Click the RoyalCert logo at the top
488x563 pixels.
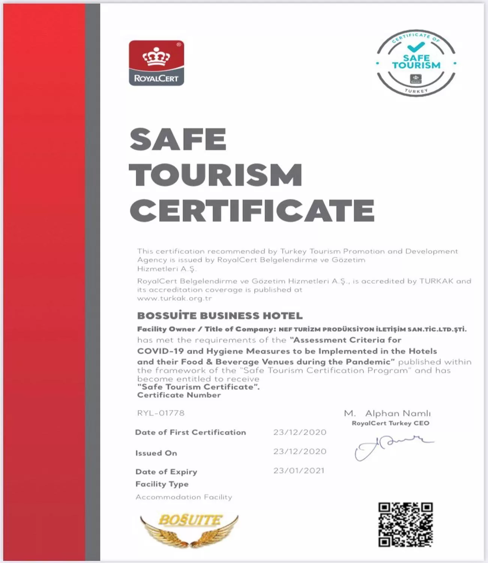[156, 63]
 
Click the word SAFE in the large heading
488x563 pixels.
[178, 139]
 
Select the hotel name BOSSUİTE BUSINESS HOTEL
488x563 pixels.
[220, 316]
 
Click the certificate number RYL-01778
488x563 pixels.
[161, 413]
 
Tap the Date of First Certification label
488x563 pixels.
[190, 432]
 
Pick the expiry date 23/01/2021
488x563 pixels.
[299, 471]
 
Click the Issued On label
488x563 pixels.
[156, 453]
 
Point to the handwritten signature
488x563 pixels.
[390, 447]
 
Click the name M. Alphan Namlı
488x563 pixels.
[387, 413]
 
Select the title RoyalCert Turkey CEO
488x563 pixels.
[390, 423]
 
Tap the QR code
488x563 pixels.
[405, 524]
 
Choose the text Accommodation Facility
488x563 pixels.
[184, 497]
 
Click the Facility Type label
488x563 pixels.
[162, 484]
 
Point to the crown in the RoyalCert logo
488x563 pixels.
[156, 57]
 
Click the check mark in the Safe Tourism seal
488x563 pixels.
[416, 47]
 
